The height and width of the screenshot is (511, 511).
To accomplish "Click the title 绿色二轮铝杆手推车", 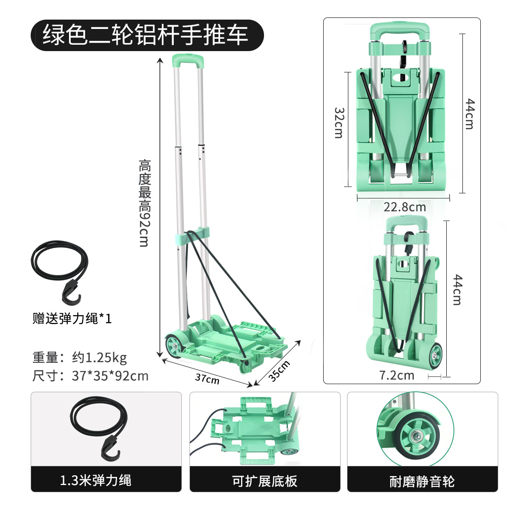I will pos(146,35).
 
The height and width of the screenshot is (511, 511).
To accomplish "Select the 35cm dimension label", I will pos(279,370).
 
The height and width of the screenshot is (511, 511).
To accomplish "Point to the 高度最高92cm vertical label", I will pos(145,203).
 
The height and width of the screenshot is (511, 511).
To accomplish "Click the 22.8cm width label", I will pos(404,207).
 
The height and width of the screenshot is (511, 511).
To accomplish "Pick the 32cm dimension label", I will pos(339,123).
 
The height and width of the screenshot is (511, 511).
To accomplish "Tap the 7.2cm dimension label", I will pos(396,375).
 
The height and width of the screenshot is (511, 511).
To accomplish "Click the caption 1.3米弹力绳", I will pos(95,481).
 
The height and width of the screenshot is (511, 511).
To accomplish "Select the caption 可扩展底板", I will pos(264,481).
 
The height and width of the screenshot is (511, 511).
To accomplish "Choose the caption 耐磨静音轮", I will pos(422,482).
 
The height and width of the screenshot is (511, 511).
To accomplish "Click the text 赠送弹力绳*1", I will pos(72,318).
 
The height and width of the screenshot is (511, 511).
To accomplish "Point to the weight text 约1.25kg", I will pos(99,357).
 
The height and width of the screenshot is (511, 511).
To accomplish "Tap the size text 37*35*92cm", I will pos(110,376).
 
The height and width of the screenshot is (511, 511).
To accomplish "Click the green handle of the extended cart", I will pos(187,60).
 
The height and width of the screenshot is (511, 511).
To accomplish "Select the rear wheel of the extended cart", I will pos(174,345).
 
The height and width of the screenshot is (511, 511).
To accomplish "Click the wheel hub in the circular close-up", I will pos(415,436).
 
